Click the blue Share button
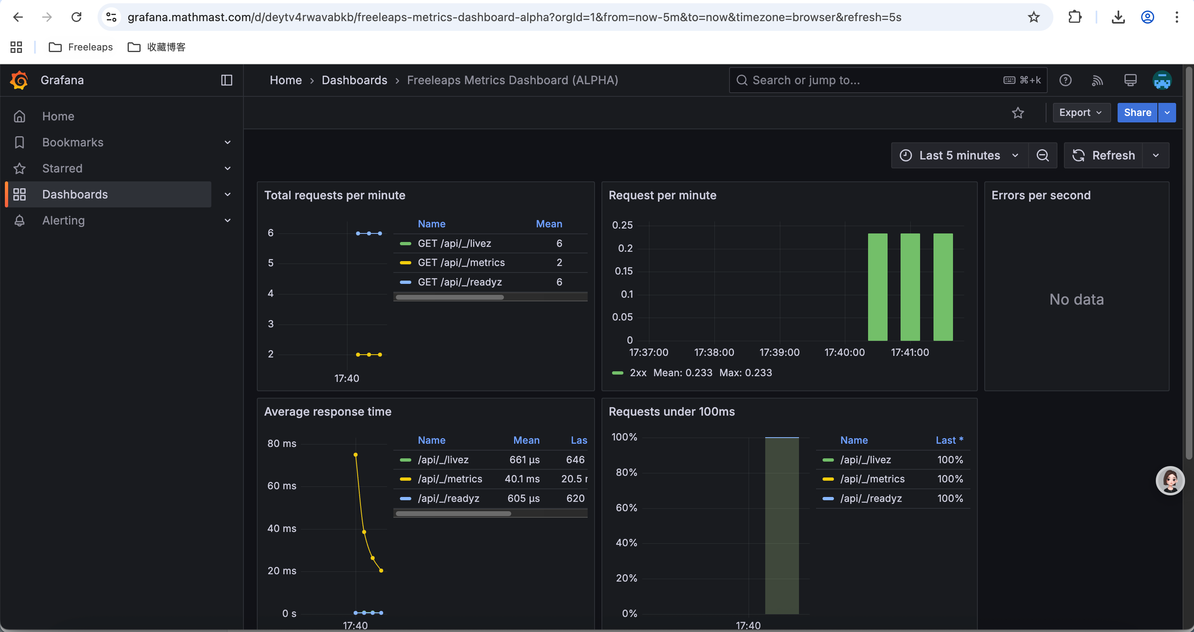coord(1137,113)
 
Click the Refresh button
coord(1104,155)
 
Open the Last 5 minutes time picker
coord(959,155)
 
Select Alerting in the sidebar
coord(63,220)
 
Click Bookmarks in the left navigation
coord(73,142)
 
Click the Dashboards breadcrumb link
coord(354,80)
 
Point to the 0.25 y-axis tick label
coord(622,225)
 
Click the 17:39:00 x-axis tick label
coord(779,353)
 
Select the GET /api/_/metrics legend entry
coord(461,262)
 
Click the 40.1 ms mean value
coord(522,479)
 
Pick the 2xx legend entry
coord(637,373)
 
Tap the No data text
coord(1076,300)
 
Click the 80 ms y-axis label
coord(281,443)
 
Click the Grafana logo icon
coord(19,80)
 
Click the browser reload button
coord(76,17)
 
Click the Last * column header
coord(949,440)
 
